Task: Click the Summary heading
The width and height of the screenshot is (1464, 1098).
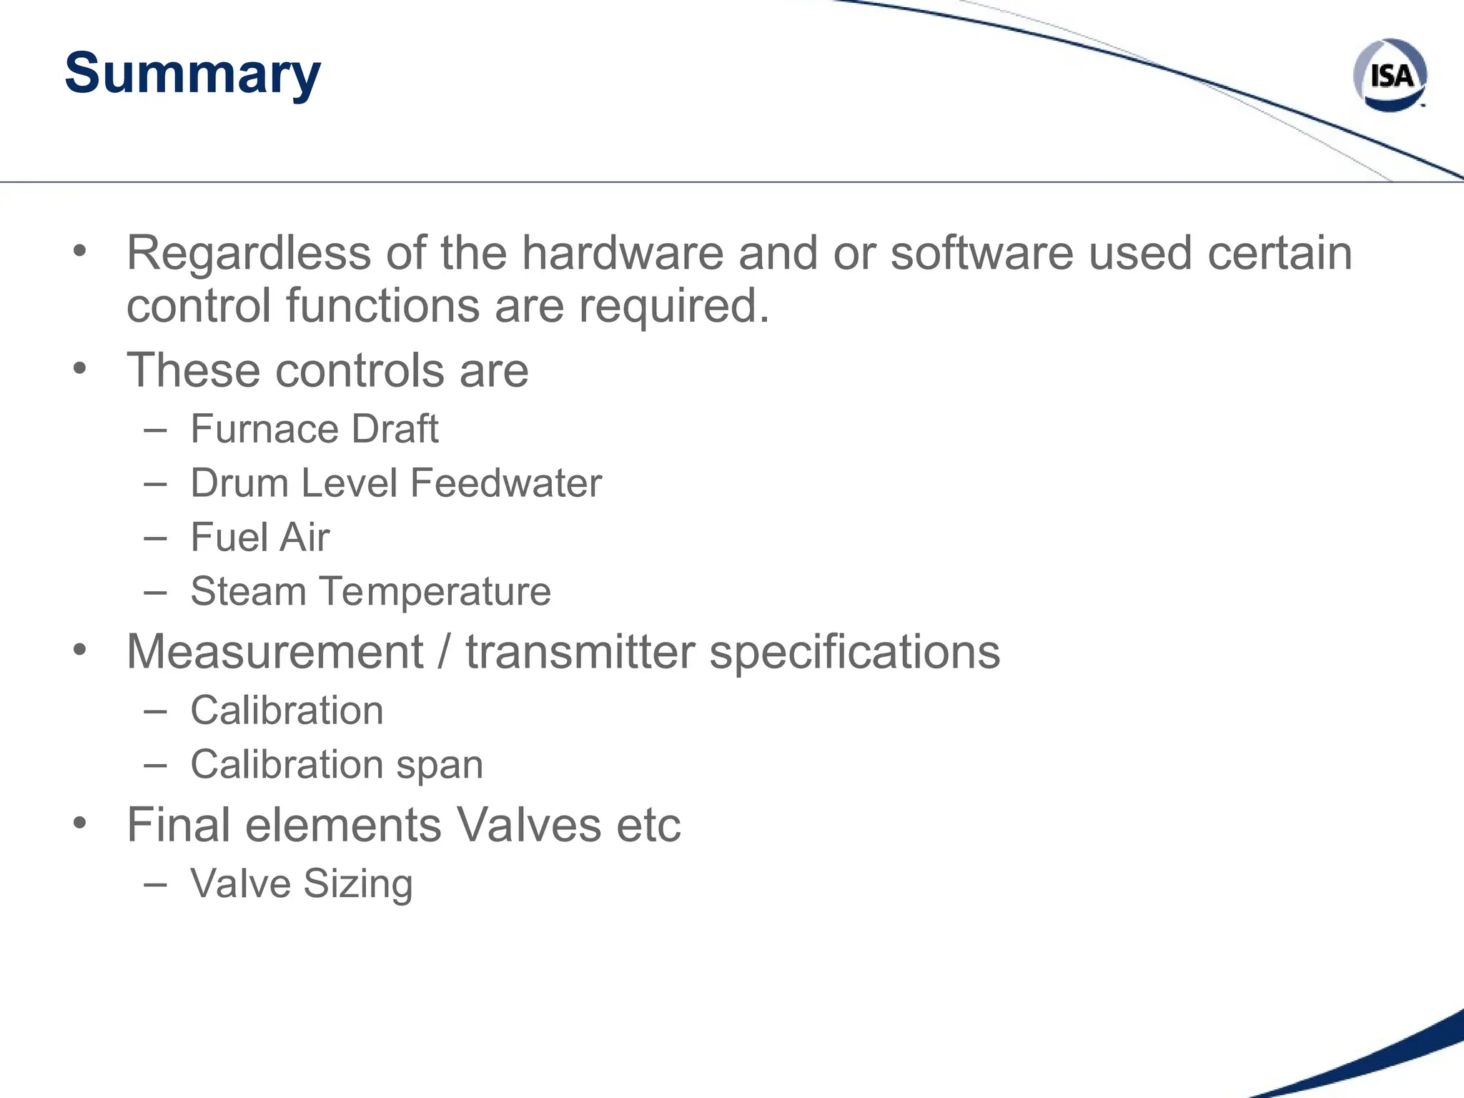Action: tap(192, 74)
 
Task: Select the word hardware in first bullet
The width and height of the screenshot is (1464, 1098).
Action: tap(622, 254)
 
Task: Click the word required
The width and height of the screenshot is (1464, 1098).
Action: tap(673, 306)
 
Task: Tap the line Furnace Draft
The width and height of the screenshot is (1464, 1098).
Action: tap(314, 430)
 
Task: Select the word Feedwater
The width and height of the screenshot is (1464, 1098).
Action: tap(506, 483)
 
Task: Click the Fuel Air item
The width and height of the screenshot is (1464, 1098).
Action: tap(260, 538)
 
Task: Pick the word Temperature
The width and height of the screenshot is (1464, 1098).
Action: tap(435, 592)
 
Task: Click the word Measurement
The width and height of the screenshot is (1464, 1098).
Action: tap(275, 652)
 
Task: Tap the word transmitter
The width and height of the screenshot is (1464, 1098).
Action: tap(580, 652)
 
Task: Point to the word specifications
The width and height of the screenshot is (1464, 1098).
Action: tap(854, 652)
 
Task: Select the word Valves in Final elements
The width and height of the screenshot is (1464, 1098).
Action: tap(529, 826)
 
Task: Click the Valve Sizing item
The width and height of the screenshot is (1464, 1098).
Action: tap(301, 884)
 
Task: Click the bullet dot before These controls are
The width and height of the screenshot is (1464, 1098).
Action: tap(80, 369)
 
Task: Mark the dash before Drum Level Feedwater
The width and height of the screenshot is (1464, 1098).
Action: tap(155, 484)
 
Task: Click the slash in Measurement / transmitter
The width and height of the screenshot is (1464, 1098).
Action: tap(445, 652)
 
